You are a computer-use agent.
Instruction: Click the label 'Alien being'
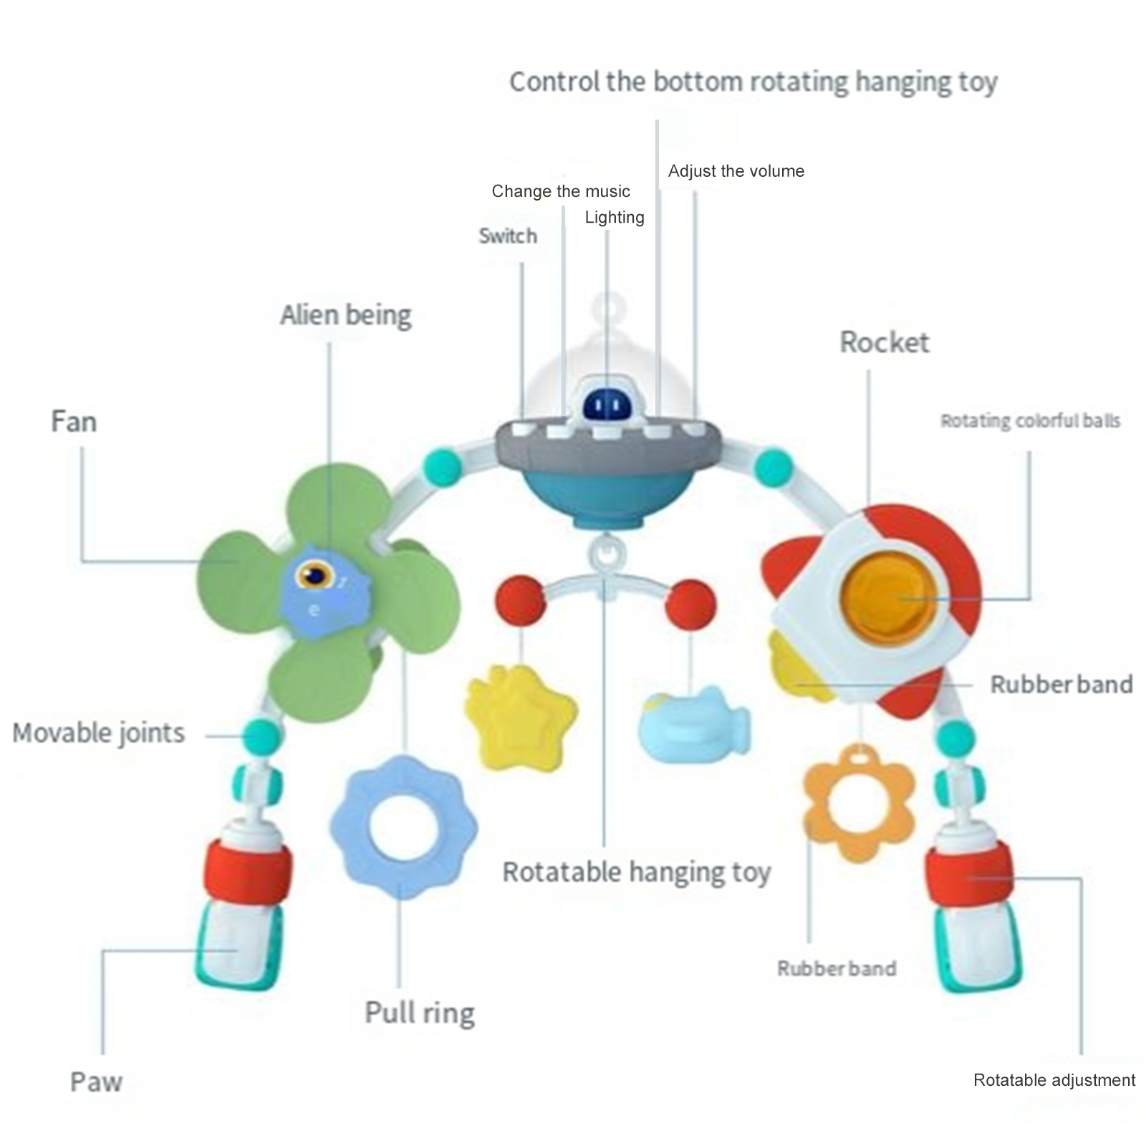tap(346, 315)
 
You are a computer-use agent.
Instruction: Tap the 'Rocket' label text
tap(885, 342)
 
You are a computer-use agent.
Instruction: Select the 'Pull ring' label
tap(420, 1013)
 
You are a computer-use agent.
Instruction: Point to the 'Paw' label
tap(96, 1082)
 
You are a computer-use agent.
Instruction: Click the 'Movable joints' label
tap(99, 733)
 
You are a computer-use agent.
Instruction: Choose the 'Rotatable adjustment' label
tap(1054, 1080)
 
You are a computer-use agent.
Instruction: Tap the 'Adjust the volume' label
tap(736, 171)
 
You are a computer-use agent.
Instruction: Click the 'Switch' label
tap(508, 236)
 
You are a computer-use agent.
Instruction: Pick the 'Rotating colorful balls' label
tap(1031, 421)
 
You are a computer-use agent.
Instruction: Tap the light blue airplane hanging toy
tap(693, 725)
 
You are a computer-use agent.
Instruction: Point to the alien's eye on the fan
tap(314, 574)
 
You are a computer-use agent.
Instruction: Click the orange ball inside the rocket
tap(889, 598)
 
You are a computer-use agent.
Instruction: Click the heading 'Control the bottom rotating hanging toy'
tap(753, 82)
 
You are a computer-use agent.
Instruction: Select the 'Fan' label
tap(74, 421)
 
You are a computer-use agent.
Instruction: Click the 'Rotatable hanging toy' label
tap(637, 872)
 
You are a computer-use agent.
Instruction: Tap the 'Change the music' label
tap(561, 191)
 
